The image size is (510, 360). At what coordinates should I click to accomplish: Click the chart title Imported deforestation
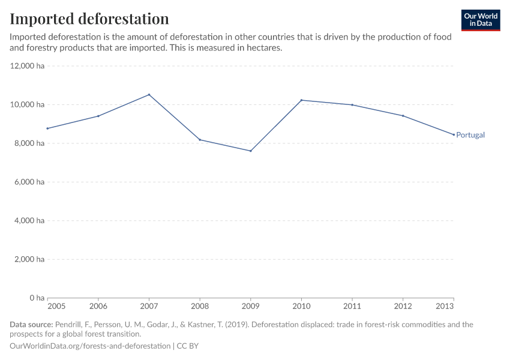(89, 19)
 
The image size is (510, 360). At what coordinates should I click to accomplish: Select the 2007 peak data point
(149, 95)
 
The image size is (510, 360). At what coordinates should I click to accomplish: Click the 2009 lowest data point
(251, 151)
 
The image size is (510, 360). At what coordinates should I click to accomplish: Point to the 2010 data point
(301, 100)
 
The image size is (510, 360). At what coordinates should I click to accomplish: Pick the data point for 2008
(200, 140)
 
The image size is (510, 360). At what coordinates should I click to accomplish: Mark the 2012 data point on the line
(403, 116)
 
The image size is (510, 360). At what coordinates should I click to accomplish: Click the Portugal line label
(470, 135)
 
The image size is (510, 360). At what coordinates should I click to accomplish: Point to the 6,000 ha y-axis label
(29, 182)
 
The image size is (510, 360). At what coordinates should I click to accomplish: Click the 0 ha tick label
(37, 298)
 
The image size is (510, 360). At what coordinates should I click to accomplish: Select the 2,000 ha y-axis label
(29, 259)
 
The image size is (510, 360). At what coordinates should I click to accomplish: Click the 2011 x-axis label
(352, 307)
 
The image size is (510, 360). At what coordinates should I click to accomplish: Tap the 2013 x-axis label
(445, 307)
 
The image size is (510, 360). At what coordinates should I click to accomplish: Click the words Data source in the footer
(31, 325)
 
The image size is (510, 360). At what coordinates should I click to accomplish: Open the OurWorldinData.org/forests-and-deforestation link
(90, 346)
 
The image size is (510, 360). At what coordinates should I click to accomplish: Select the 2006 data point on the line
(98, 116)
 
